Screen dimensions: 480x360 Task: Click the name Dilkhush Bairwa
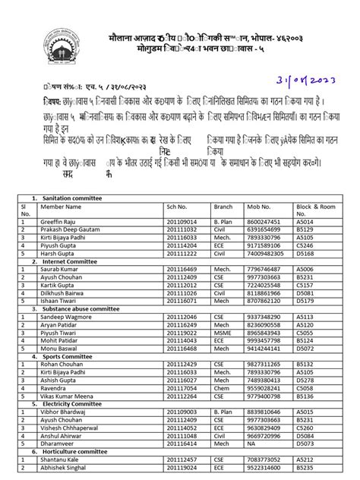point(63,292)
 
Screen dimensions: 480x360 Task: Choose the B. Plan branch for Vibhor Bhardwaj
point(223,412)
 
